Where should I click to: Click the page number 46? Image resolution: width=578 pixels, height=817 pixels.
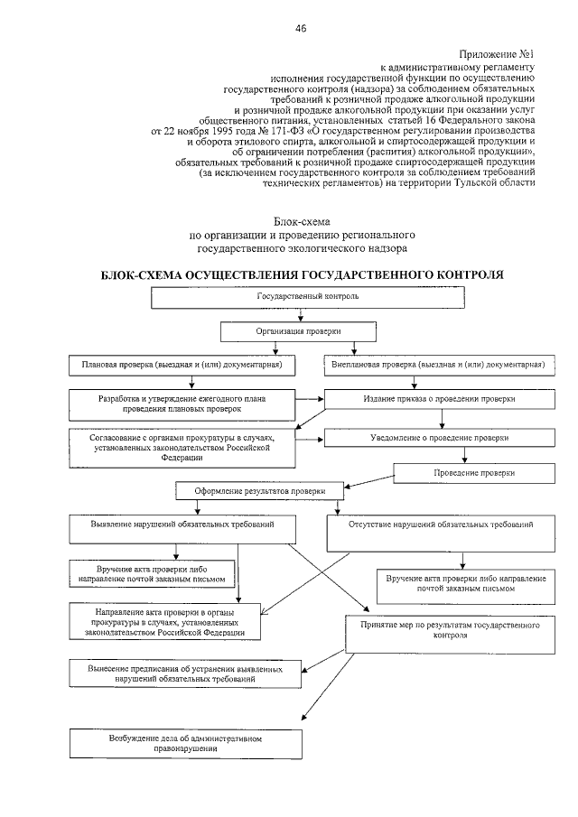pyautogui.click(x=301, y=28)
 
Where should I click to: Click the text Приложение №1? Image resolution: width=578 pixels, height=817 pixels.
pyautogui.click(x=495, y=55)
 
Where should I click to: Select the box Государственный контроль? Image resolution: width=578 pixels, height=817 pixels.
pyautogui.click(x=308, y=297)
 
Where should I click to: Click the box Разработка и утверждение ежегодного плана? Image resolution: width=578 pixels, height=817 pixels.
pyautogui.click(x=182, y=403)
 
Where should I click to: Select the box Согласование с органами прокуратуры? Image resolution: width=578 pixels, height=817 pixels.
pyautogui.click(x=182, y=444)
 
